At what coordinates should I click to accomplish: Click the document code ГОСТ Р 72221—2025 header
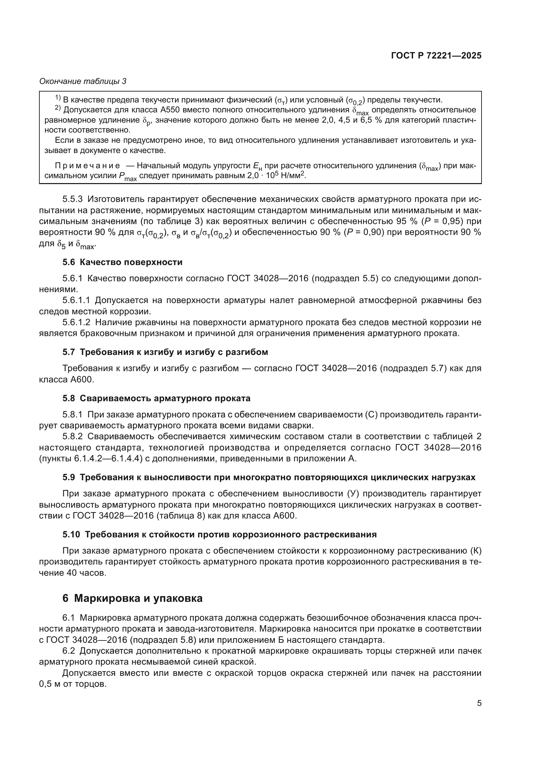(436, 56)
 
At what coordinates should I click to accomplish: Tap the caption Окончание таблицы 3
(83, 81)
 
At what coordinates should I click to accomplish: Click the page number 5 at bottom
(479, 703)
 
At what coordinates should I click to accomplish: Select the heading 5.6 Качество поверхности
(122, 262)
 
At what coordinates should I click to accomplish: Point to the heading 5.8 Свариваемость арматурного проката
(156, 398)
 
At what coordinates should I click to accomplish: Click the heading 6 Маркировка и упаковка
(132, 598)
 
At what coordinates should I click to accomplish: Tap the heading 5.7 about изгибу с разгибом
(165, 352)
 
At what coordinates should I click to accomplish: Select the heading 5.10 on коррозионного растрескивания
(219, 534)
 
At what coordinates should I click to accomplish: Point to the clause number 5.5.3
(72, 199)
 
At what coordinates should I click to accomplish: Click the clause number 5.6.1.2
(76, 323)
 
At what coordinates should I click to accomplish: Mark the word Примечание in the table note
(87, 166)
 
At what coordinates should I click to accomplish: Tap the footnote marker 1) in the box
(58, 98)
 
